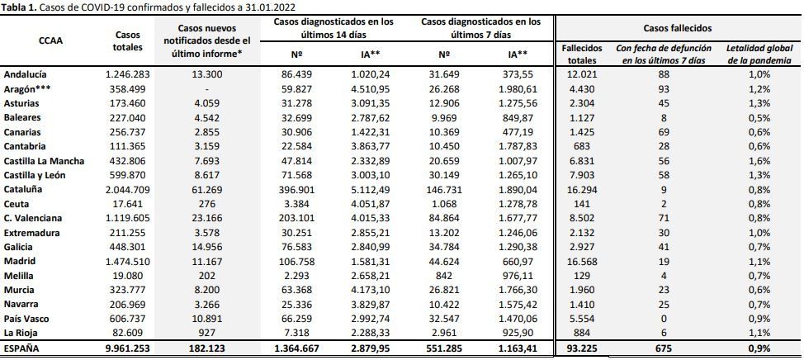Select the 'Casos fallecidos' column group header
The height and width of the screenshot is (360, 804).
pos(679,28)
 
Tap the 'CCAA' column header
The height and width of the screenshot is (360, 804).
pos(50,41)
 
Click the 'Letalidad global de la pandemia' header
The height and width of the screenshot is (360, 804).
pos(759,54)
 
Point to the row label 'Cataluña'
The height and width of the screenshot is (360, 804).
pos(22,189)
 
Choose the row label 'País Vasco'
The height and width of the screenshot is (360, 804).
pos(26,319)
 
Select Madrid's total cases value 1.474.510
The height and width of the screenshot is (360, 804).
pos(128,261)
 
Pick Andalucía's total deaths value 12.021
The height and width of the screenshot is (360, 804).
pos(582,74)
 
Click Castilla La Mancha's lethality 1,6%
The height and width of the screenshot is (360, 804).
pos(759,160)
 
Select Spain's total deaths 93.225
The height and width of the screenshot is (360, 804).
pos(582,348)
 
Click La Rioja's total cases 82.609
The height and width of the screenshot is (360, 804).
pos(128,333)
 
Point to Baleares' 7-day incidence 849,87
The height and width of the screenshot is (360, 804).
pos(518,117)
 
